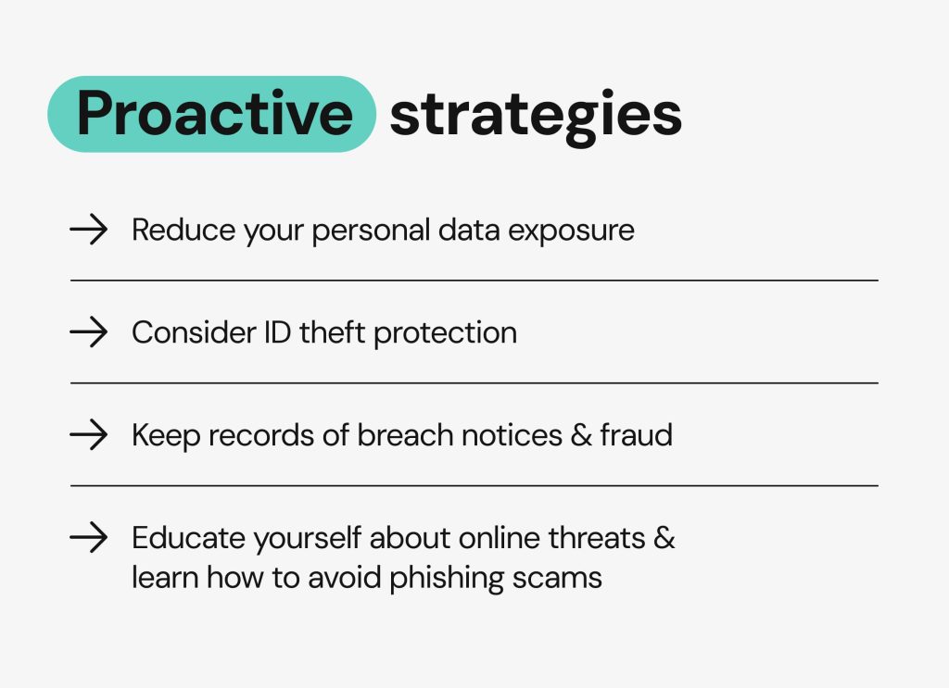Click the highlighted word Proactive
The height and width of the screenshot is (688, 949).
click(214, 113)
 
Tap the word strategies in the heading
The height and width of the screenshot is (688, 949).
click(536, 116)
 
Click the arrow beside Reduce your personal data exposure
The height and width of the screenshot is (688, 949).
click(88, 229)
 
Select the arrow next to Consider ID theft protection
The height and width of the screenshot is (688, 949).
click(88, 331)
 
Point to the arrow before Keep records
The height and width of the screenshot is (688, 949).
click(88, 434)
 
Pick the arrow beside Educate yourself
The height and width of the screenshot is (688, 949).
click(88, 537)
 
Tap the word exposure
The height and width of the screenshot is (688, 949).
click(571, 231)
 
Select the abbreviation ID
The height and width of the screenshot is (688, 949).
click(277, 332)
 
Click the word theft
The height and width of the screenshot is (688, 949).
click(333, 332)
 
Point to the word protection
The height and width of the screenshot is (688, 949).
click(446, 334)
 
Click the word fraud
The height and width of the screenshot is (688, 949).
click(636, 434)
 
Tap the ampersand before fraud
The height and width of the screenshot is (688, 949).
click(581, 436)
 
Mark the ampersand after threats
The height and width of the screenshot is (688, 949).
click(664, 539)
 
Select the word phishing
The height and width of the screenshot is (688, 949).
click(447, 579)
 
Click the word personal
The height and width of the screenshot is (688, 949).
click(371, 231)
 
